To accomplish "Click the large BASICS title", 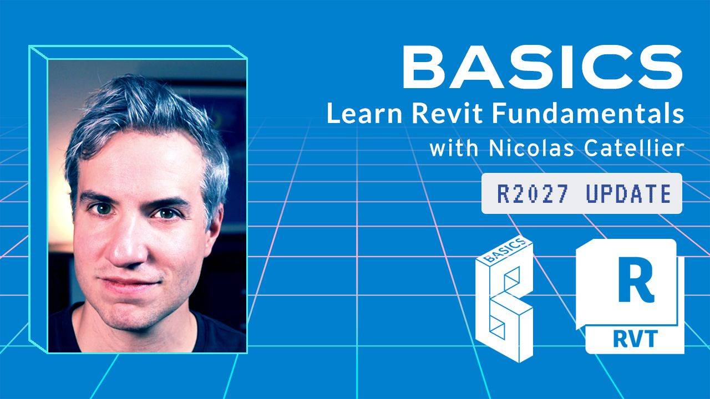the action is [x=542, y=66].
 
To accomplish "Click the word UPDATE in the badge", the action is [x=629, y=193].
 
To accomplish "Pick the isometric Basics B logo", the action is [x=504, y=300].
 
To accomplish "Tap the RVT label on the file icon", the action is [x=636, y=339].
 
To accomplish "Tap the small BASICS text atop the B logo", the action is [x=505, y=250].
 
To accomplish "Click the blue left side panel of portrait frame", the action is [x=38, y=199].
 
